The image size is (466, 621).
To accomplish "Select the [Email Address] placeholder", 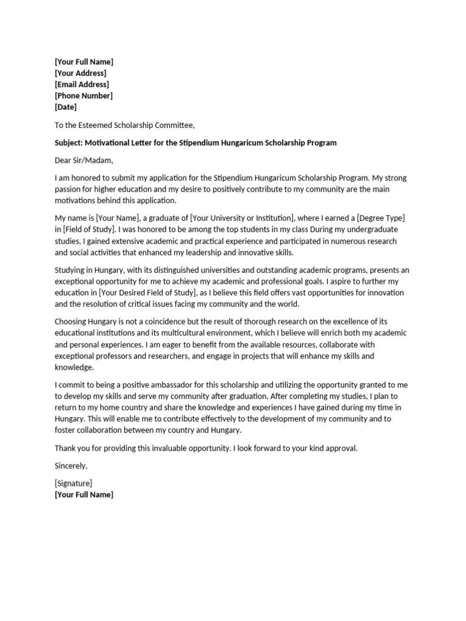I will coord(82,84).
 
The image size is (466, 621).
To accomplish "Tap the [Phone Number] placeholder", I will coord(84,96).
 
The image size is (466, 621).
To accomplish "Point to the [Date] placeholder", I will coord(66,107).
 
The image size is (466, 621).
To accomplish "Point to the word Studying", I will coord(72,270).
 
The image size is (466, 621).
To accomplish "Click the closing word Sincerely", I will coord(71,466).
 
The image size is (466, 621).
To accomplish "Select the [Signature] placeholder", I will coord(73,483).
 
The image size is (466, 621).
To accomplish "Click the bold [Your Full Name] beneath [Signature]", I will coord(84,495).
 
